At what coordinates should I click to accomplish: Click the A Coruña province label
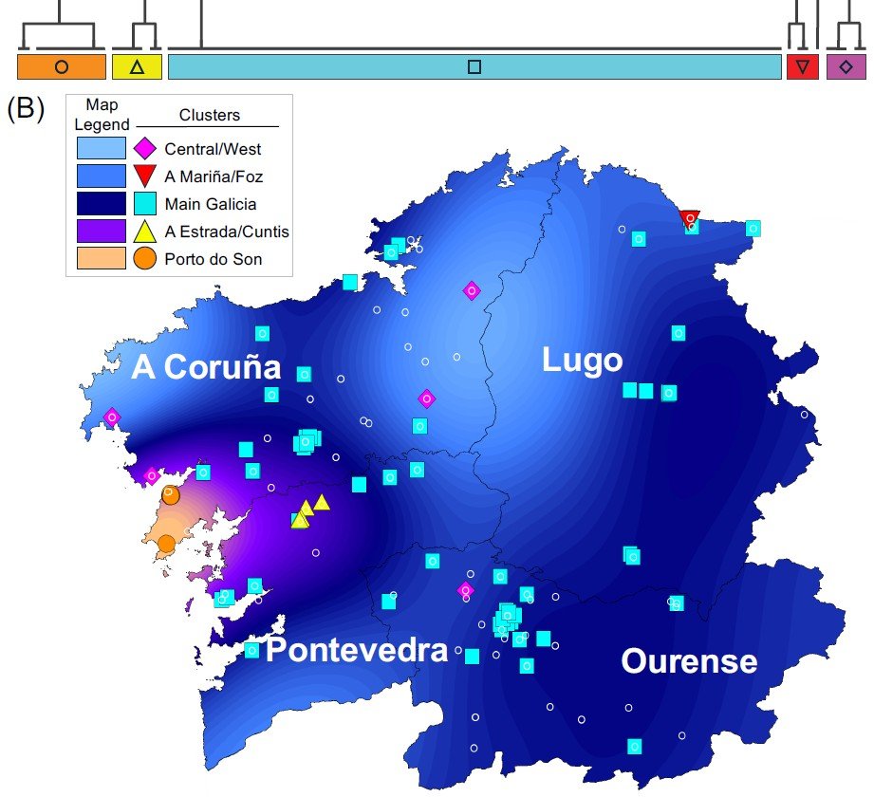point(206,368)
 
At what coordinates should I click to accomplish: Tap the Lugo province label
point(582,360)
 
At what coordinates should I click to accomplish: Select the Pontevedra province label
point(356,651)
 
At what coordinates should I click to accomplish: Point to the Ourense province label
point(689,660)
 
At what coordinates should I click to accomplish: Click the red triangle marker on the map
point(690,218)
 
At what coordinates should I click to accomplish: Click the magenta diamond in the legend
point(144,148)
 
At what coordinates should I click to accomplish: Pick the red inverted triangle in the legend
point(144,176)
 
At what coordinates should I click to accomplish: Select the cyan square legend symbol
point(144,203)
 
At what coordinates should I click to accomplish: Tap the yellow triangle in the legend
point(144,230)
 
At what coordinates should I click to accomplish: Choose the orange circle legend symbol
point(144,257)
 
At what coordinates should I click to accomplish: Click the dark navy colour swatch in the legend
point(102,203)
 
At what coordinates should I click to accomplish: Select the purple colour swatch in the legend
point(102,231)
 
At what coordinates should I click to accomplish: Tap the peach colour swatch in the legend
point(102,257)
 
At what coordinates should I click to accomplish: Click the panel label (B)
point(26,107)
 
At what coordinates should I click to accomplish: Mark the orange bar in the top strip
point(62,67)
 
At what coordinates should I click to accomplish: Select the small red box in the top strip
point(802,67)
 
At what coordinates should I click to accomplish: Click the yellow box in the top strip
point(137,67)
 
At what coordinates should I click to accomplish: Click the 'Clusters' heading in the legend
point(210,116)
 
